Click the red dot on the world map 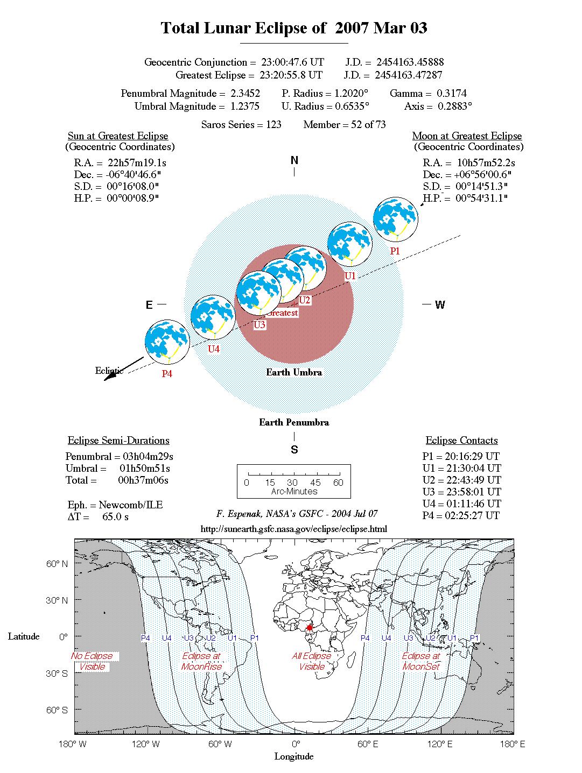tap(310, 628)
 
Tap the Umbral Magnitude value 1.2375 tap(245, 106)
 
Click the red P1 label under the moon tap(395, 251)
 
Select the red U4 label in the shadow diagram tap(214, 349)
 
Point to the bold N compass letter tap(294, 160)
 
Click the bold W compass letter tap(440, 304)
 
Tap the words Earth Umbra tap(294, 372)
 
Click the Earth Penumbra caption tap(294, 422)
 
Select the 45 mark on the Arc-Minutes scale tap(315, 482)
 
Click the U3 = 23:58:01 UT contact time tap(461, 492)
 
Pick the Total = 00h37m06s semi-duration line tap(117, 480)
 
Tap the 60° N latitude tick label tap(57, 563)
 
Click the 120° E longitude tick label tap(439, 744)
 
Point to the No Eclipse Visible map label tap(92, 661)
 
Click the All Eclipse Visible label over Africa tap(311, 661)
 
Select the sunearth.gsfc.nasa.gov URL tap(294, 529)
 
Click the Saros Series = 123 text tap(241, 124)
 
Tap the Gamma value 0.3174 tap(451, 93)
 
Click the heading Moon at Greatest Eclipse tap(467, 136)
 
